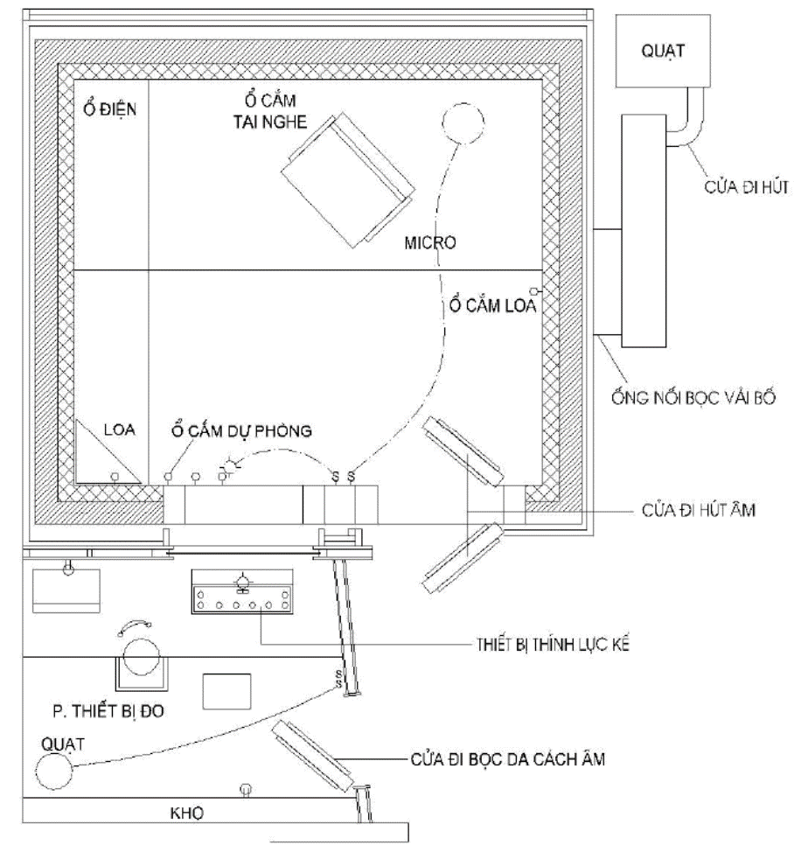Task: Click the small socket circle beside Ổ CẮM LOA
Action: click(544, 290)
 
